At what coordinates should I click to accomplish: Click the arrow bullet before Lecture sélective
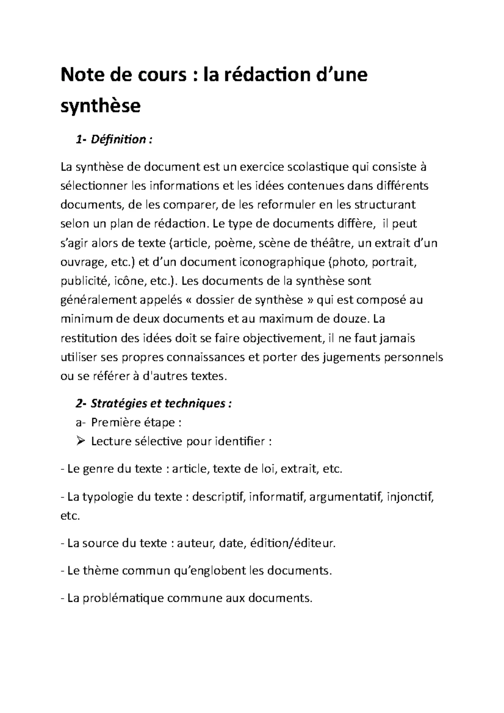point(81,441)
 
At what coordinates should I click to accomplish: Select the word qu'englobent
point(210,571)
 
